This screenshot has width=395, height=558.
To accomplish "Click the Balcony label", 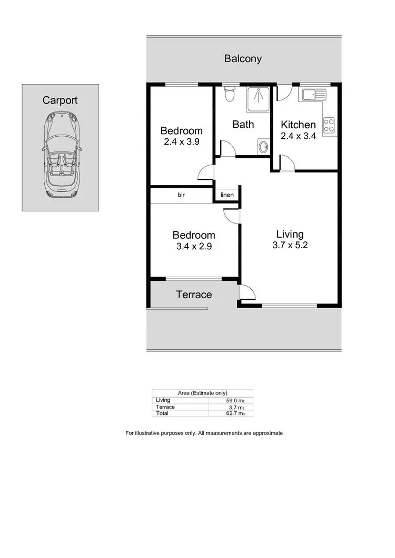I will tap(243, 58).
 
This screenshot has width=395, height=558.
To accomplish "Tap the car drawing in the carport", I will tap(61, 155).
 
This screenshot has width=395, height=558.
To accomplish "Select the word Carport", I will tap(60, 100).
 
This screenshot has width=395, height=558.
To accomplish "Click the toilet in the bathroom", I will tap(229, 95).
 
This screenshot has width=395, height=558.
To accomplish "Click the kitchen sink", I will tap(313, 95).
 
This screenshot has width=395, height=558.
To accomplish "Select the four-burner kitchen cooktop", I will tap(329, 125).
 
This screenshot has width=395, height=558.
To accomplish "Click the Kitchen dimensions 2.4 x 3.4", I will tap(298, 135).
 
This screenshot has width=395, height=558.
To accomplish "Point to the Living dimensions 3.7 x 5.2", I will tap(290, 246).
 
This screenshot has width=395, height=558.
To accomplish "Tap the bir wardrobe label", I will tap(181, 195).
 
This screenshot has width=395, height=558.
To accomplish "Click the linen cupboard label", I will tap(227, 195).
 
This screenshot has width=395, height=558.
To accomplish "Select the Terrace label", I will tap(194, 295).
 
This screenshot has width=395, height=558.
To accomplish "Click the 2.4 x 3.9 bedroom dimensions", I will tap(181, 141).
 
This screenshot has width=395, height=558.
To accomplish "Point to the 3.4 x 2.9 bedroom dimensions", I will tap(194, 246).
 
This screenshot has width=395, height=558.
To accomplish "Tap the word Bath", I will tap(243, 125).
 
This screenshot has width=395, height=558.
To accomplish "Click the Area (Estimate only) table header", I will tap(202, 393).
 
